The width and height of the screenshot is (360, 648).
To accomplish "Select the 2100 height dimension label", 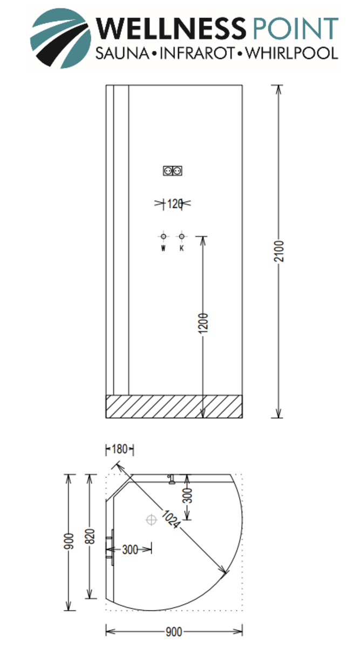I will (279, 252).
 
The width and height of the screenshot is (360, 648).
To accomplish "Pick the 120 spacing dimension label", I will (173, 204).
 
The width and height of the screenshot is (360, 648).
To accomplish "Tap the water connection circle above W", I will (163, 236).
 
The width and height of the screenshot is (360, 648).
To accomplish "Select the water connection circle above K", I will (181, 236).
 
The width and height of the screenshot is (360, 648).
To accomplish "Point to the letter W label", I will (163, 249).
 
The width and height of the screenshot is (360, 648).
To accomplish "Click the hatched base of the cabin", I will (174, 407).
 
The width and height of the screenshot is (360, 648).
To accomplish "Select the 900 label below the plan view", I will (173, 631).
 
